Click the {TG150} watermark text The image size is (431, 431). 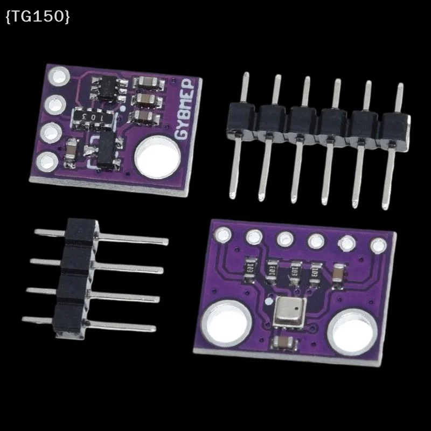pos(37,17)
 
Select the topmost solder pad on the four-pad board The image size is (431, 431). pos(56,75)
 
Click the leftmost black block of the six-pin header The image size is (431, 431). pos(241,120)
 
